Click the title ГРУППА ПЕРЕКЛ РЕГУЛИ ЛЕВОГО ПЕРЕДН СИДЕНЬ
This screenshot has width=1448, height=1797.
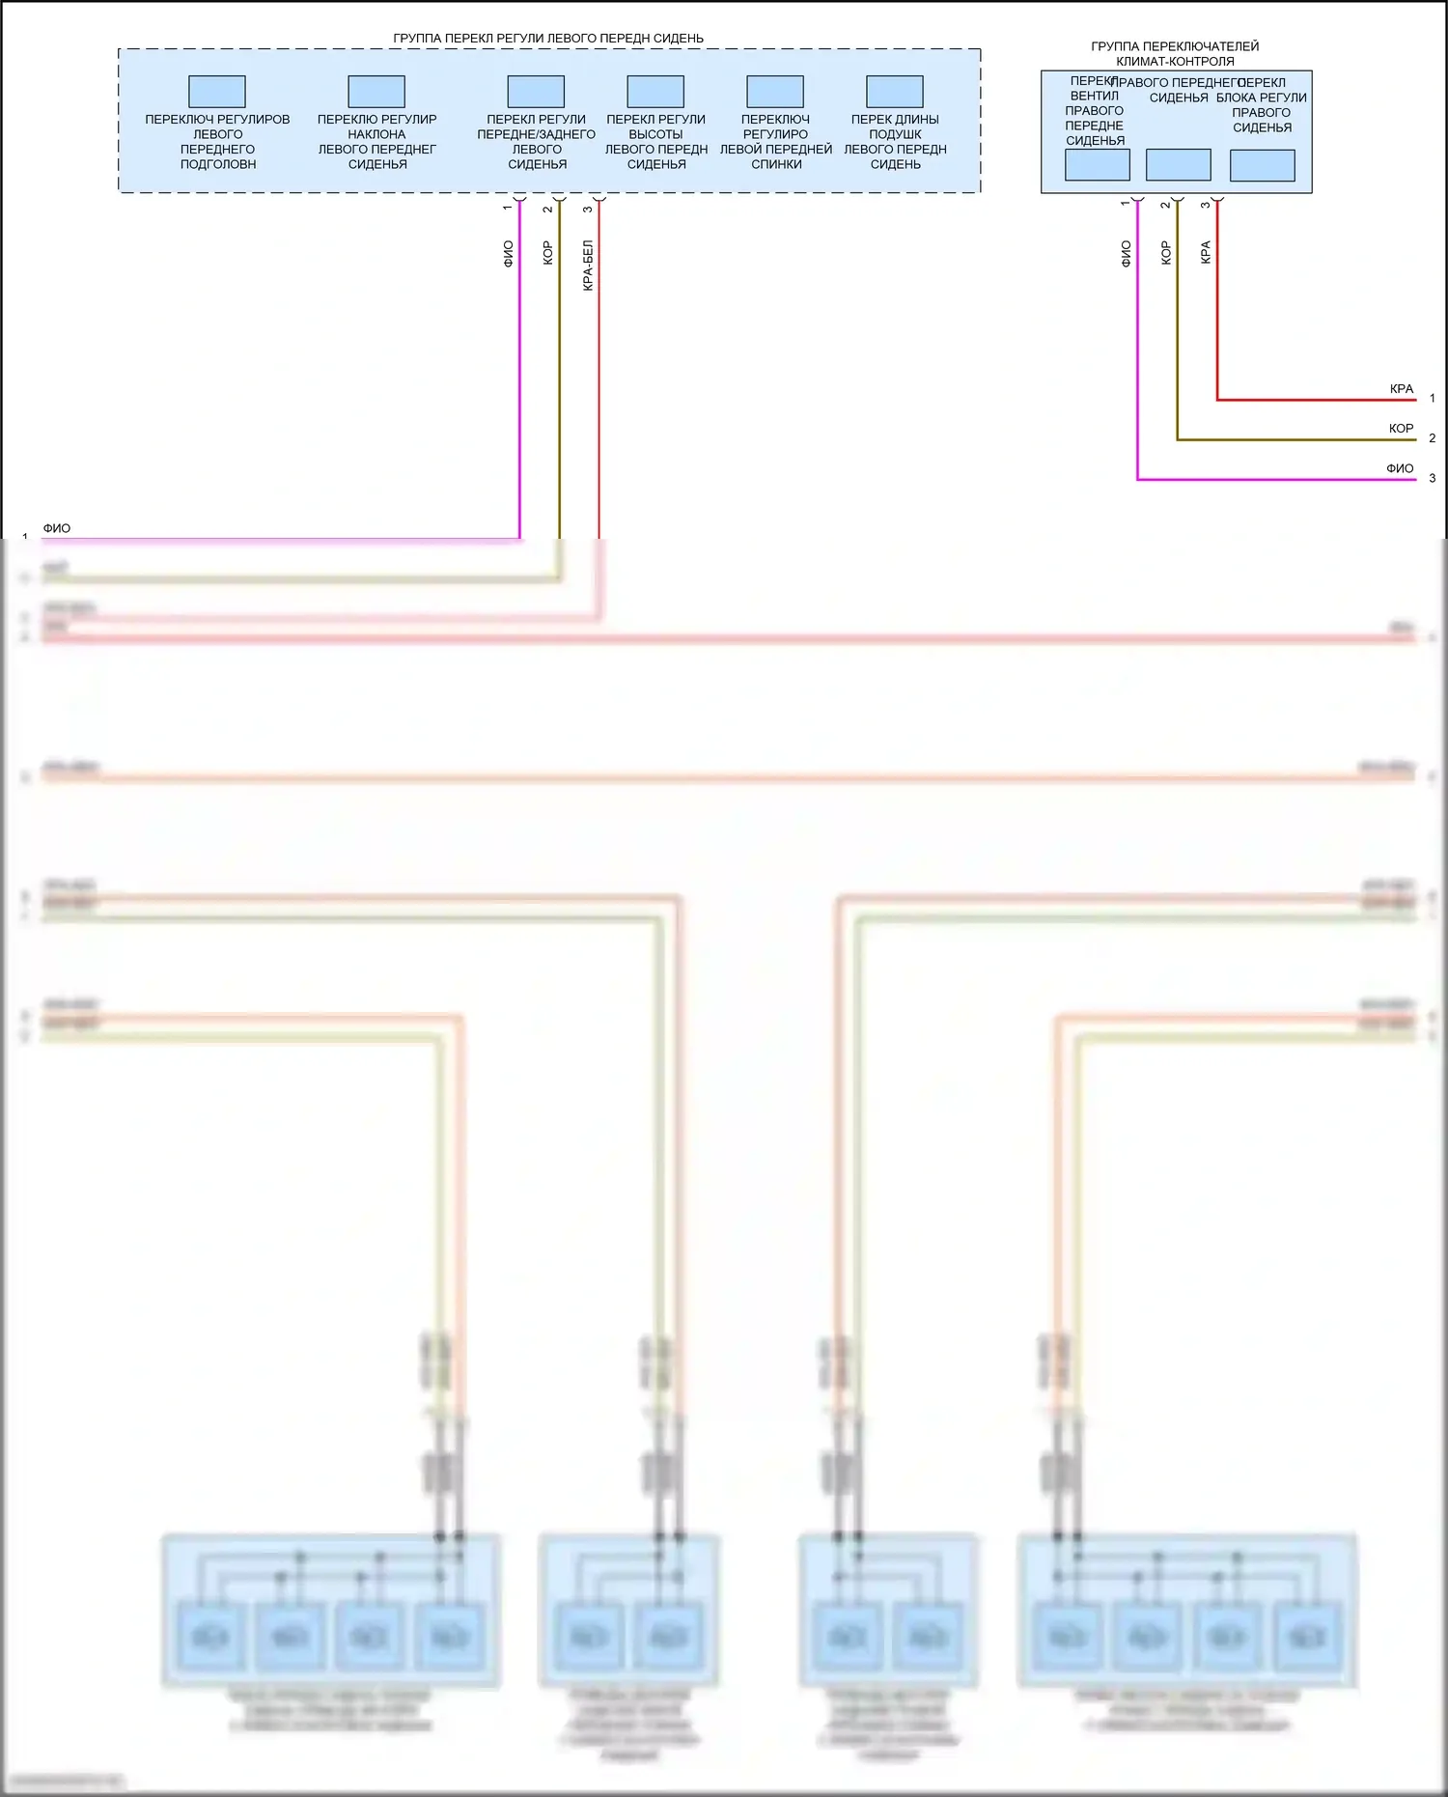tap(547, 39)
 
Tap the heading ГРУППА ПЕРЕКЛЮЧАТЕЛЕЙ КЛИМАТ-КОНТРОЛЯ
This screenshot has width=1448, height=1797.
tap(1175, 53)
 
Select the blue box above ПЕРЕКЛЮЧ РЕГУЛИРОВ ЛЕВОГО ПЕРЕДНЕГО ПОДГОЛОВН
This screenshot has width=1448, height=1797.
tap(217, 92)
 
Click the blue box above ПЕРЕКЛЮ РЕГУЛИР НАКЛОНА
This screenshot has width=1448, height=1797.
tap(376, 92)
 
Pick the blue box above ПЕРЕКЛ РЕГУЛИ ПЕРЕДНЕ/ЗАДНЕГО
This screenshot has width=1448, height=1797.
tap(536, 92)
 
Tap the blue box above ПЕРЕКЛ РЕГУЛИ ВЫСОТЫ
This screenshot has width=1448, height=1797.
tap(655, 92)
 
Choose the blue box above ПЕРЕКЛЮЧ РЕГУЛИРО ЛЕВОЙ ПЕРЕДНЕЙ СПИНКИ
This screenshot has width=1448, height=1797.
tap(775, 92)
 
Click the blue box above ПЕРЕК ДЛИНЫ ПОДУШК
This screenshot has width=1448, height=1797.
tap(895, 92)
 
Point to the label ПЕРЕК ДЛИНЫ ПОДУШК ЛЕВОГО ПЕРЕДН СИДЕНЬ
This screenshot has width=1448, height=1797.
tap(895, 142)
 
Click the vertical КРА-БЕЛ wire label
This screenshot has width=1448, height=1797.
tap(588, 266)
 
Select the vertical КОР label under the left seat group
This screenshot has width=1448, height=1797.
tap(548, 253)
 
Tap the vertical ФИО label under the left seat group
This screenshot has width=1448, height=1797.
tap(509, 254)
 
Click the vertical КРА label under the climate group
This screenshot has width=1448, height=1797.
tap(1206, 253)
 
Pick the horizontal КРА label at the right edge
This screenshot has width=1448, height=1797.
tap(1402, 389)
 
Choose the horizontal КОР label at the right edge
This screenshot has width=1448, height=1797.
tap(1402, 429)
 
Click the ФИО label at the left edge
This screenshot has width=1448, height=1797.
tap(57, 528)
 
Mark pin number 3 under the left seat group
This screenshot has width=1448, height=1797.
tap(588, 209)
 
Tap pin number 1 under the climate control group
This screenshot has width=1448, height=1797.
tap(1126, 204)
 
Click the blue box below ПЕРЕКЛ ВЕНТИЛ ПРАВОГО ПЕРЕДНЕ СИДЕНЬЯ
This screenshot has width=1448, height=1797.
tap(1098, 165)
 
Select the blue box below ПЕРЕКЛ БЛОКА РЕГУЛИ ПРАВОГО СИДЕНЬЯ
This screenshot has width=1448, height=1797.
tap(1263, 166)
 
